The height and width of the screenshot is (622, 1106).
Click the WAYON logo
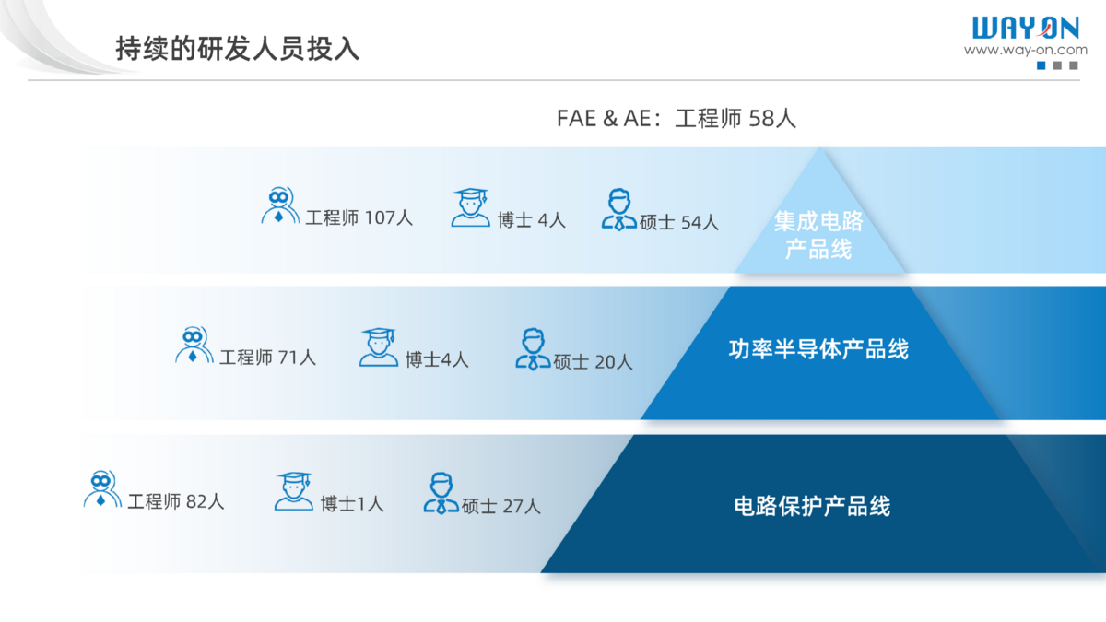coord(1026,28)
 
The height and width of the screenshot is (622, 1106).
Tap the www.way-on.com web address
coord(1026,50)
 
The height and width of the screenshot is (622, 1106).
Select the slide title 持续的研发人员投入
coord(238,49)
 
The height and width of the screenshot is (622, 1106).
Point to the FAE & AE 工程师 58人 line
coord(676,119)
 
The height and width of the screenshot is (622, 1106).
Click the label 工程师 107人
coord(359,217)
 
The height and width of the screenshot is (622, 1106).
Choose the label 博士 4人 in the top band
coord(531,220)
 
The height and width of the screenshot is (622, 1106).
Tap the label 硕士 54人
coord(679,222)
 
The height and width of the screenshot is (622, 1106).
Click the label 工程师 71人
coord(267,357)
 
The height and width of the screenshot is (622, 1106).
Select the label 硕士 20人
coord(593,362)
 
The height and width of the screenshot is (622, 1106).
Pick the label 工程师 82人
coord(176,501)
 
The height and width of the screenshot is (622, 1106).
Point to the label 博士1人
coord(352,504)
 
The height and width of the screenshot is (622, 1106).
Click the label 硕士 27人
coord(501,506)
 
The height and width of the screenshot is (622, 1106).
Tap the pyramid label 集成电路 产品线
coord(818,234)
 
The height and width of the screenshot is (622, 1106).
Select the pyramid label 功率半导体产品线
coord(818,349)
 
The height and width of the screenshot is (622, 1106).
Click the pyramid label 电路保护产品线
coord(812,506)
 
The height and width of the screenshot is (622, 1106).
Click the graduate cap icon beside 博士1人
coord(294,490)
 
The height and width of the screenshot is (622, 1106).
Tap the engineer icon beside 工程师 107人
coord(280,205)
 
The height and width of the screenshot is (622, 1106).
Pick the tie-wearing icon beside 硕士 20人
coord(534,349)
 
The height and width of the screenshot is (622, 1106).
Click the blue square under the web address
coord(1041,65)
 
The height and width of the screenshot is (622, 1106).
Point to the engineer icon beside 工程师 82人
coord(102,488)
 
